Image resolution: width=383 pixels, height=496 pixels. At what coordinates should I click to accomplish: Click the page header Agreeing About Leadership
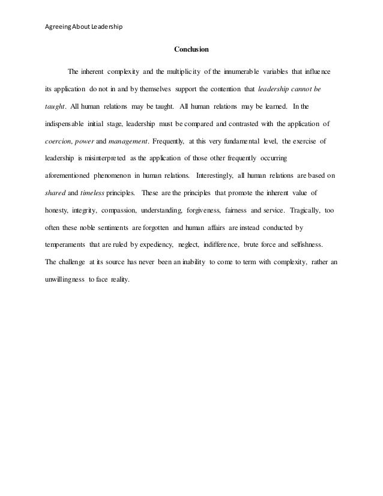80,27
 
